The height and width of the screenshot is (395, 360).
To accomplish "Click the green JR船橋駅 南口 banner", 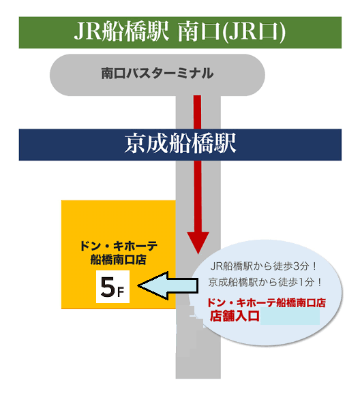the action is [180, 33].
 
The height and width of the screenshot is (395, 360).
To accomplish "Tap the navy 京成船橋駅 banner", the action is [180, 145].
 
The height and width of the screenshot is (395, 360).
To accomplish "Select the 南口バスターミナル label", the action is [157, 74].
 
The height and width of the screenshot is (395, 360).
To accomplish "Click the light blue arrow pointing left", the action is [168, 285].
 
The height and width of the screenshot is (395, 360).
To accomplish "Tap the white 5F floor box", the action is [112, 287].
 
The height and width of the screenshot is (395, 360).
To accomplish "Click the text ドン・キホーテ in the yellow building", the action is [119, 246].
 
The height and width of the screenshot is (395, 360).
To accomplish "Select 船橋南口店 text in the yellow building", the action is [119, 259].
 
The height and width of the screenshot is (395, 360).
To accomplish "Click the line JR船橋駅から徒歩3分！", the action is [263, 266].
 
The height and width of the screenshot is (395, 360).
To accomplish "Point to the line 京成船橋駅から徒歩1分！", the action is [265, 282].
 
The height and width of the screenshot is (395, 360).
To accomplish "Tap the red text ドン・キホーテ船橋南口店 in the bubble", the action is [267, 302].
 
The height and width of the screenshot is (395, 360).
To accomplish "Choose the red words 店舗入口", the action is [235, 316].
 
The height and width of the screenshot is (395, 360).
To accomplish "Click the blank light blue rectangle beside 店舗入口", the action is [290, 316].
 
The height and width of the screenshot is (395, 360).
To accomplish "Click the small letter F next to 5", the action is [121, 291].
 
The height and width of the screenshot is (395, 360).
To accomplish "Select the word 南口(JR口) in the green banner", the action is [232, 32].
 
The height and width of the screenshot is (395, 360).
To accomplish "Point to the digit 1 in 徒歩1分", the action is [301, 282].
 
